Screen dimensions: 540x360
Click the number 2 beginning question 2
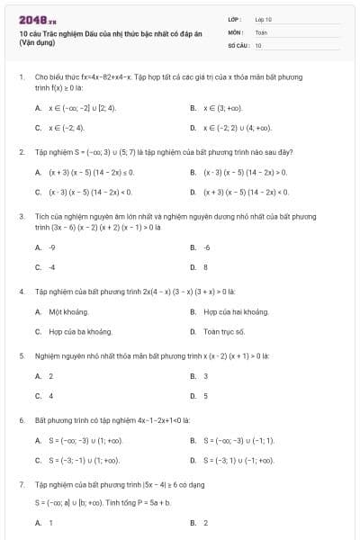click(x=21, y=152)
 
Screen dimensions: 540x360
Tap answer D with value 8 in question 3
click(x=205, y=267)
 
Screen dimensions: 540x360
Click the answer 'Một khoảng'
click(x=67, y=311)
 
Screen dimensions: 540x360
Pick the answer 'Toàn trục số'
click(x=223, y=331)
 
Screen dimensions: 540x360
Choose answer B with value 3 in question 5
click(x=205, y=376)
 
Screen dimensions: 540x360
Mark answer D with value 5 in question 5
click(x=205, y=396)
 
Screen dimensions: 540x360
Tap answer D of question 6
click(x=238, y=461)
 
